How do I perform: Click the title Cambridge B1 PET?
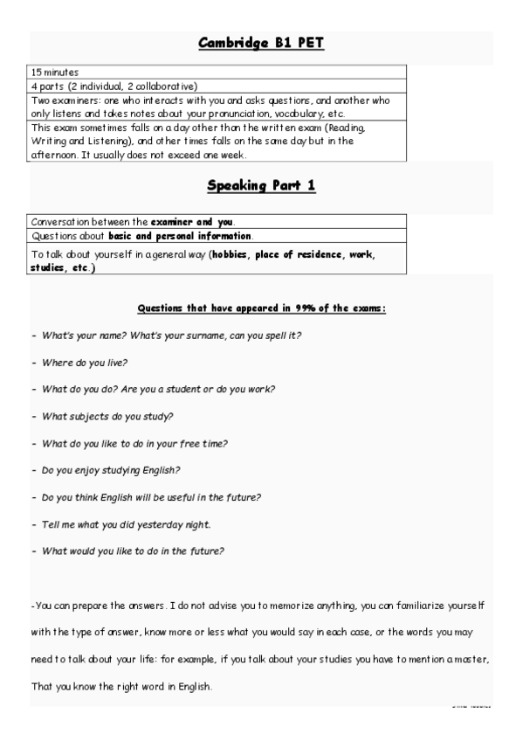261,43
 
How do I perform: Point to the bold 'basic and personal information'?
181,236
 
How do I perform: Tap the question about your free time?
135,443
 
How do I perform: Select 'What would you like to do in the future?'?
134,551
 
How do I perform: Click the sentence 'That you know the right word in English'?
121,686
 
